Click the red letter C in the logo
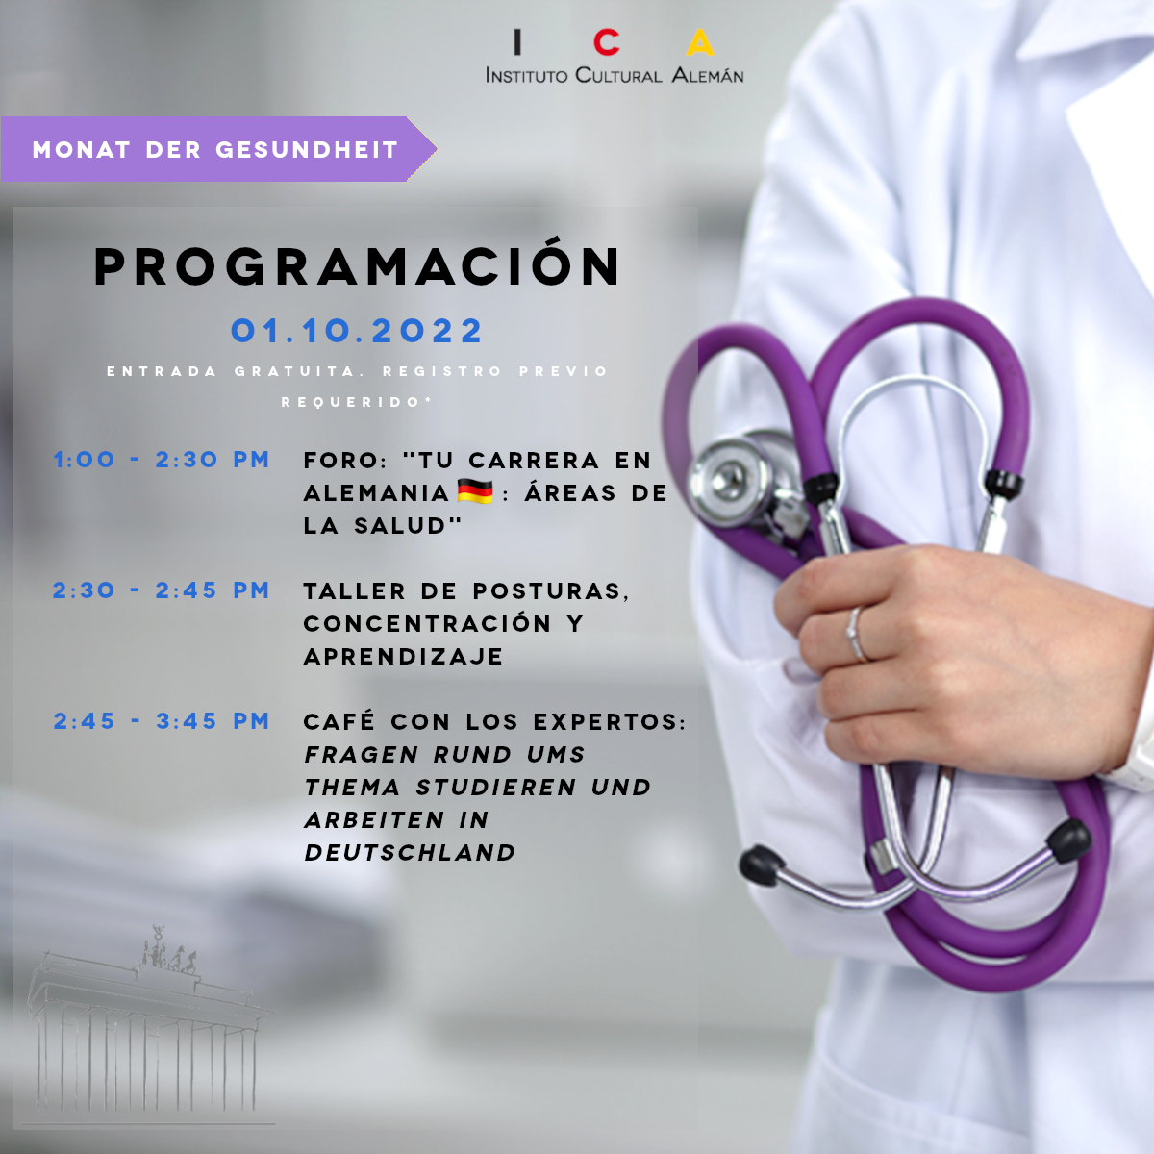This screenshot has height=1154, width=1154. coord(606,42)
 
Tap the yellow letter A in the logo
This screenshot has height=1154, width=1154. coord(700,42)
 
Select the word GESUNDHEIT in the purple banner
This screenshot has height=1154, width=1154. coord(307,150)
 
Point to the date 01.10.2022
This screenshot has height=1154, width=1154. coord(357,331)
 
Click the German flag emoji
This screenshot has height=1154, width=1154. coord(475,491)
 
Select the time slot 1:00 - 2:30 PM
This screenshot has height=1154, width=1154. coord(162,460)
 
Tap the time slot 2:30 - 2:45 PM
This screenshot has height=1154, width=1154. coord(162,590)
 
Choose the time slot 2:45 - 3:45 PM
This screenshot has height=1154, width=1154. coord(162,721)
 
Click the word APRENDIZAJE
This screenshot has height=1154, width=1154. coord(404,657)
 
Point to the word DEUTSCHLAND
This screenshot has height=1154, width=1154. coord(410,853)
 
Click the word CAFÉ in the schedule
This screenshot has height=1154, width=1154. coord(339,720)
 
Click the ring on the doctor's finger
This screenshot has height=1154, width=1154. coord(856,634)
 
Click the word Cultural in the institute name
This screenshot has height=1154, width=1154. coord(618,75)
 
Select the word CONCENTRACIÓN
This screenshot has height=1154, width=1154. coord(427,623)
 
